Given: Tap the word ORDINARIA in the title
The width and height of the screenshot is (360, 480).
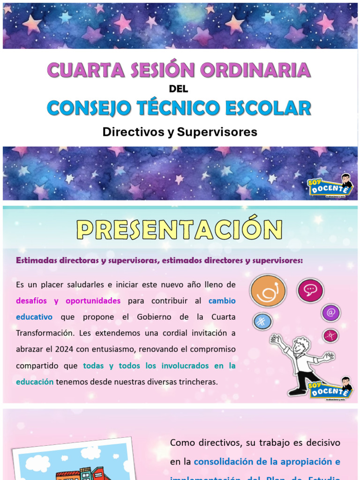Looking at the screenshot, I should [255, 70].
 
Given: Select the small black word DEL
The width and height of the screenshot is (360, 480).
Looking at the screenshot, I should [178, 89].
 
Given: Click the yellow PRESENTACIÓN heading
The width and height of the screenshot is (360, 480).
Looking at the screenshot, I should [180, 230].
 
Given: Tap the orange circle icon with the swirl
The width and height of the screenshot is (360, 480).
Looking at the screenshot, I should [268, 291].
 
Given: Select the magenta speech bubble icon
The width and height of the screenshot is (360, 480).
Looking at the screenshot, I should [310, 290].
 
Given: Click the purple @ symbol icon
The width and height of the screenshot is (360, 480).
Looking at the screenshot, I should [331, 313].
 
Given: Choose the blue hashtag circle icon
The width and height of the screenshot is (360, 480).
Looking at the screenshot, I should [262, 322].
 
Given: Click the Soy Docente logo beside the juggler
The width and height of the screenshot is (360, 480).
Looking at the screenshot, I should [330, 389].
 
